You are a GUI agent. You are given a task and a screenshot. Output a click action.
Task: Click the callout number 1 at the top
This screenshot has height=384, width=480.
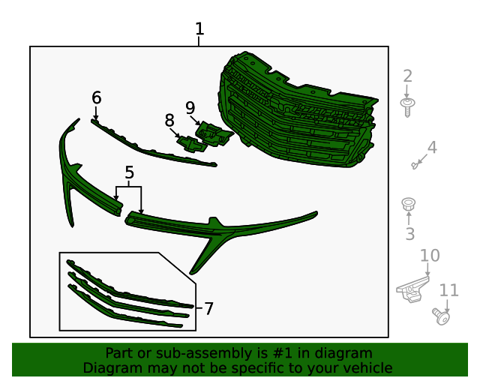click(x=199, y=28)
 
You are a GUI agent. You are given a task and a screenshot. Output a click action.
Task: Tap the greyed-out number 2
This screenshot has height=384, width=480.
click(x=407, y=76)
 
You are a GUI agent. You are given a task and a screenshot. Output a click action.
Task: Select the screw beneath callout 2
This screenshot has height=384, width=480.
click(x=407, y=107)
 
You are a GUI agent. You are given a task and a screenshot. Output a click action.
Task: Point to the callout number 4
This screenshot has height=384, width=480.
click(x=432, y=147)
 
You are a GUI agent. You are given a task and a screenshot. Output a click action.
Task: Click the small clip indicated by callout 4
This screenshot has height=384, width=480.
click(x=415, y=166)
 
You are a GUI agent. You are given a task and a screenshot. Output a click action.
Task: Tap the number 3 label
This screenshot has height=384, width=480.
click(x=410, y=234)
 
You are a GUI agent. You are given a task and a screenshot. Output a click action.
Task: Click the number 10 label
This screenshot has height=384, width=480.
click(x=430, y=256)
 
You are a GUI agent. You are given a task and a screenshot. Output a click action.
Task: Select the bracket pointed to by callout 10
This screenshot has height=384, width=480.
click(x=412, y=289)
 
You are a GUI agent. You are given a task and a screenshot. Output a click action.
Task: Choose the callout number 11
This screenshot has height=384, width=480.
click(x=448, y=290)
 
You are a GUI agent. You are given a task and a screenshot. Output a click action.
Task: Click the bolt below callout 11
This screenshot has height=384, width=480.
click(x=441, y=316)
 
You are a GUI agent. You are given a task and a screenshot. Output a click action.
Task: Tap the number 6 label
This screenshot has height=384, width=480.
click(x=97, y=98)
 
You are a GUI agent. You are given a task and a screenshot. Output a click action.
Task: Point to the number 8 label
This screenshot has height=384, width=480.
click(x=169, y=121)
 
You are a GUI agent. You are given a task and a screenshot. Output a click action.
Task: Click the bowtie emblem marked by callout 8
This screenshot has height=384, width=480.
click(x=192, y=143)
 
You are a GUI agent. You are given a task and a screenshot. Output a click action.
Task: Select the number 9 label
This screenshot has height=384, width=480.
click(x=190, y=108)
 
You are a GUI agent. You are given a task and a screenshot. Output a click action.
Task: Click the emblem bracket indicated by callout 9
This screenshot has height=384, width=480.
click(x=214, y=133)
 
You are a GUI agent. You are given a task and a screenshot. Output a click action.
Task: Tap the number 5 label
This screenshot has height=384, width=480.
click(x=130, y=172)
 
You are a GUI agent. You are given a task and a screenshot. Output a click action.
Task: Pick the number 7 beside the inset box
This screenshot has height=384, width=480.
click(x=208, y=308)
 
